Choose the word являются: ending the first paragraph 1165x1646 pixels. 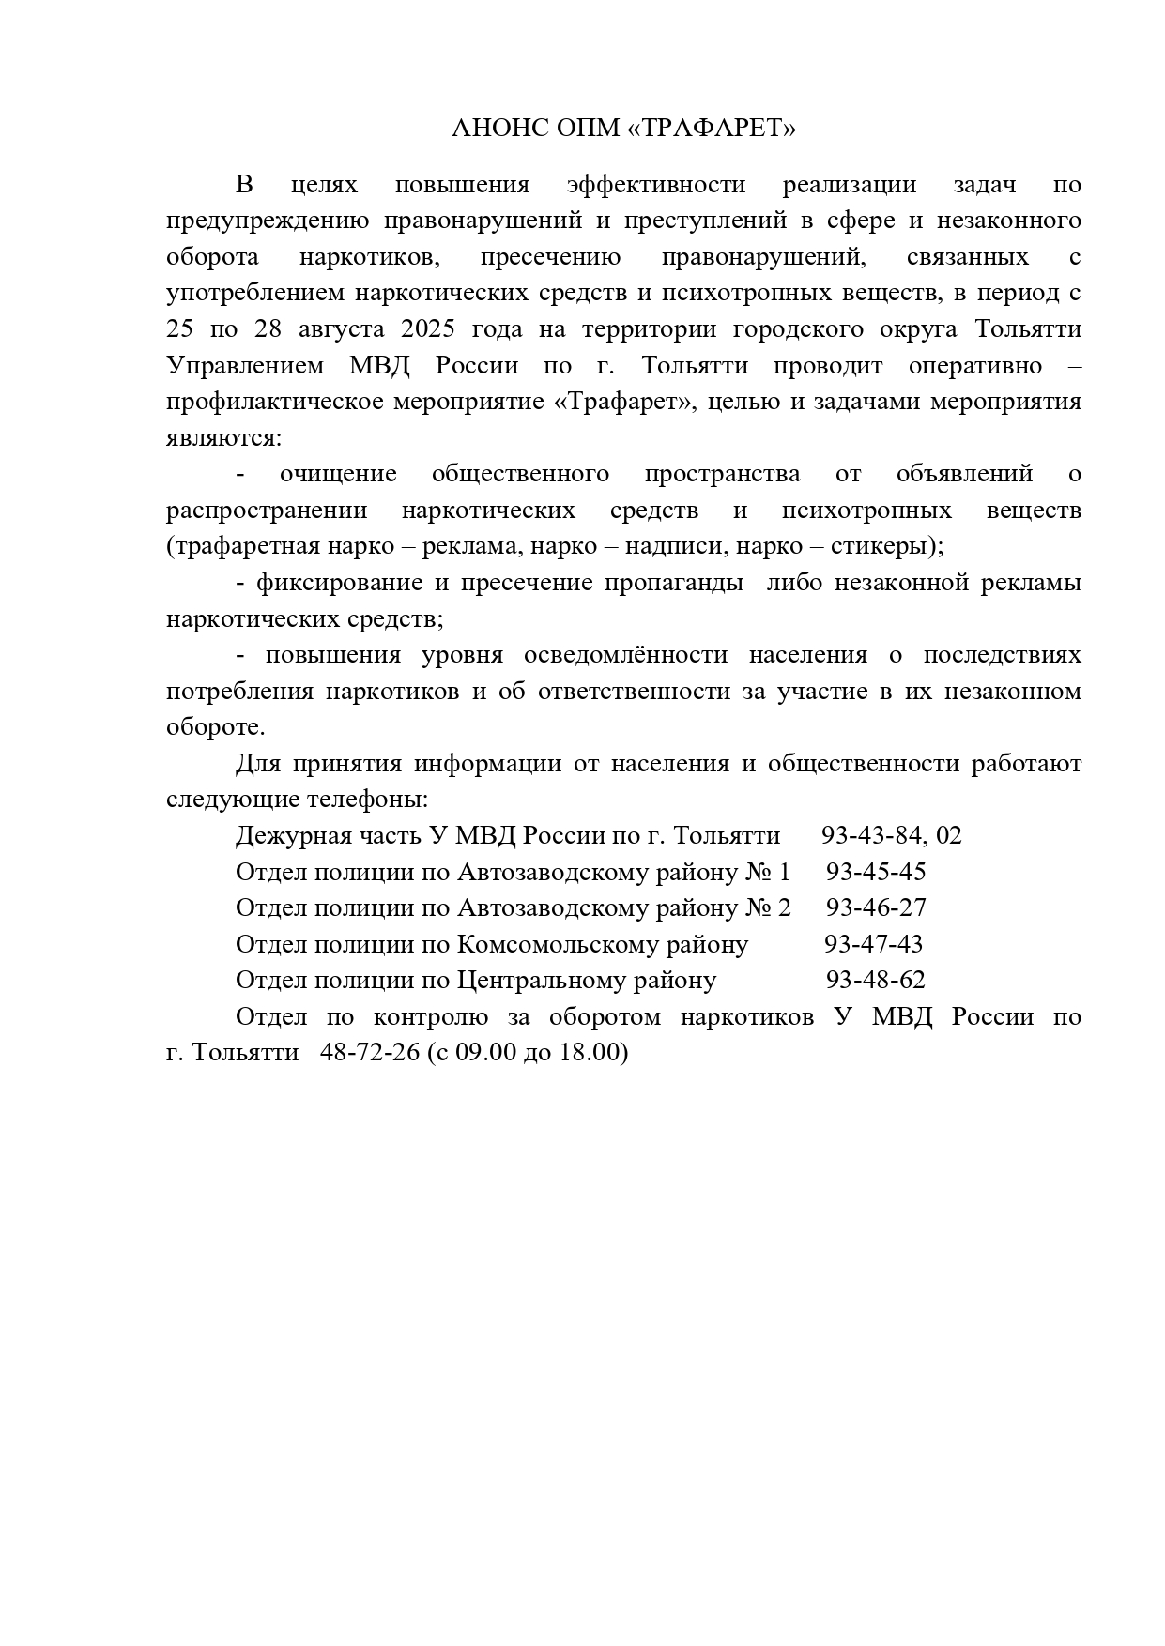coord(223,438)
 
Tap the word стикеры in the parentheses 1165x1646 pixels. coord(881,546)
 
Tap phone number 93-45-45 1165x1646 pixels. coord(876,872)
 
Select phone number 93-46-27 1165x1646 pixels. coord(876,907)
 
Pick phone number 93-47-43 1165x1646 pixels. coord(874,944)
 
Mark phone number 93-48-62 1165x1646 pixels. coord(876,980)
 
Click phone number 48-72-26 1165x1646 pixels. coord(369,1053)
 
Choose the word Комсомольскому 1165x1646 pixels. coord(603,944)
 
